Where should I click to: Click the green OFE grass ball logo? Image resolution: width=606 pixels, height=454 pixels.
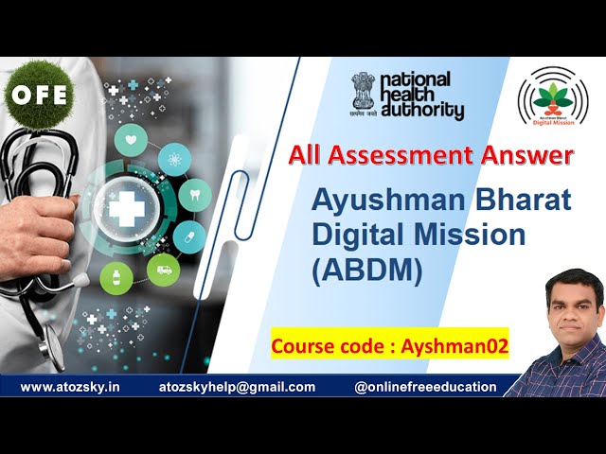click(x=38, y=95)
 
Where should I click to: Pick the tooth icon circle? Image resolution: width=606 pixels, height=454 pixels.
click(x=194, y=194)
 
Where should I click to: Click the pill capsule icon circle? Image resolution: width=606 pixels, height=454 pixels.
click(x=189, y=235)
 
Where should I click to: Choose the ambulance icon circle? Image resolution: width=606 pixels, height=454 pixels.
click(x=163, y=268)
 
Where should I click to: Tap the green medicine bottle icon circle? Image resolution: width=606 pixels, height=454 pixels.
click(x=116, y=278)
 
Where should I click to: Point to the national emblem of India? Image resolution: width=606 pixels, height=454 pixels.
click(x=363, y=92)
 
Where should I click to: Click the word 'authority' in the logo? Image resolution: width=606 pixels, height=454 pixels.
click(x=422, y=112)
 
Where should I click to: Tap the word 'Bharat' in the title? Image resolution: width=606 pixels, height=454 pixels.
click(x=524, y=201)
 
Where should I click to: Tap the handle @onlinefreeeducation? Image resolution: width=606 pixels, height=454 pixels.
click(x=425, y=387)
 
